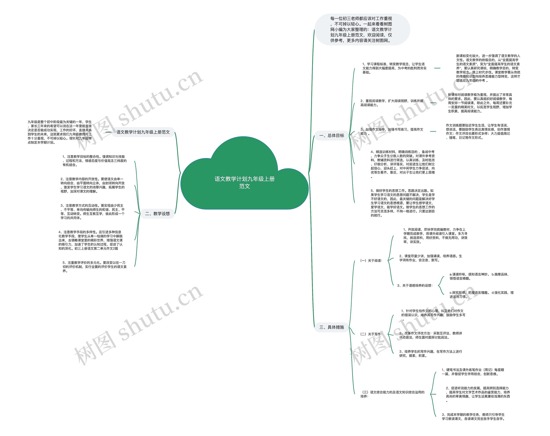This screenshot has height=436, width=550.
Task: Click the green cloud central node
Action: click(x=244, y=182)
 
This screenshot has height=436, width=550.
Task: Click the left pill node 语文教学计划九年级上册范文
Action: click(x=143, y=132)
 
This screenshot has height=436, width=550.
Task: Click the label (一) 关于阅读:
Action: click(x=371, y=261)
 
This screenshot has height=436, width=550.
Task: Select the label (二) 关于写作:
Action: click(x=371, y=334)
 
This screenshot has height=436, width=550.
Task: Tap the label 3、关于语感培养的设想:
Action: click(x=415, y=286)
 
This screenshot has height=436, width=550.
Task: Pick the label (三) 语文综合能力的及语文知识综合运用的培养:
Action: click(x=392, y=394)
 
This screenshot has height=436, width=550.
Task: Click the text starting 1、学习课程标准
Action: click(x=394, y=68)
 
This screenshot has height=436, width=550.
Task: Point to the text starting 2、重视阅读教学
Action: click(x=392, y=103)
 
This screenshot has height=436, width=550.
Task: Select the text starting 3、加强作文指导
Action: click(x=392, y=131)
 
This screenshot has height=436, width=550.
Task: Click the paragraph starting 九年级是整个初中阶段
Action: click(x=60, y=132)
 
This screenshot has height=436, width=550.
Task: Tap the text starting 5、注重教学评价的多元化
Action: click(x=94, y=267)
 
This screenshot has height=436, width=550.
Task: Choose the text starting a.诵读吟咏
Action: click(x=479, y=276)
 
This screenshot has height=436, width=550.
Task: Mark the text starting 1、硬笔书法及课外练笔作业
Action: click(x=473, y=372)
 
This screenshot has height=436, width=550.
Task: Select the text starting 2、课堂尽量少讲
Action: click(x=430, y=258)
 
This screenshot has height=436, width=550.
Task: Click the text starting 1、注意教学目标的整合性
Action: click(x=94, y=161)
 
